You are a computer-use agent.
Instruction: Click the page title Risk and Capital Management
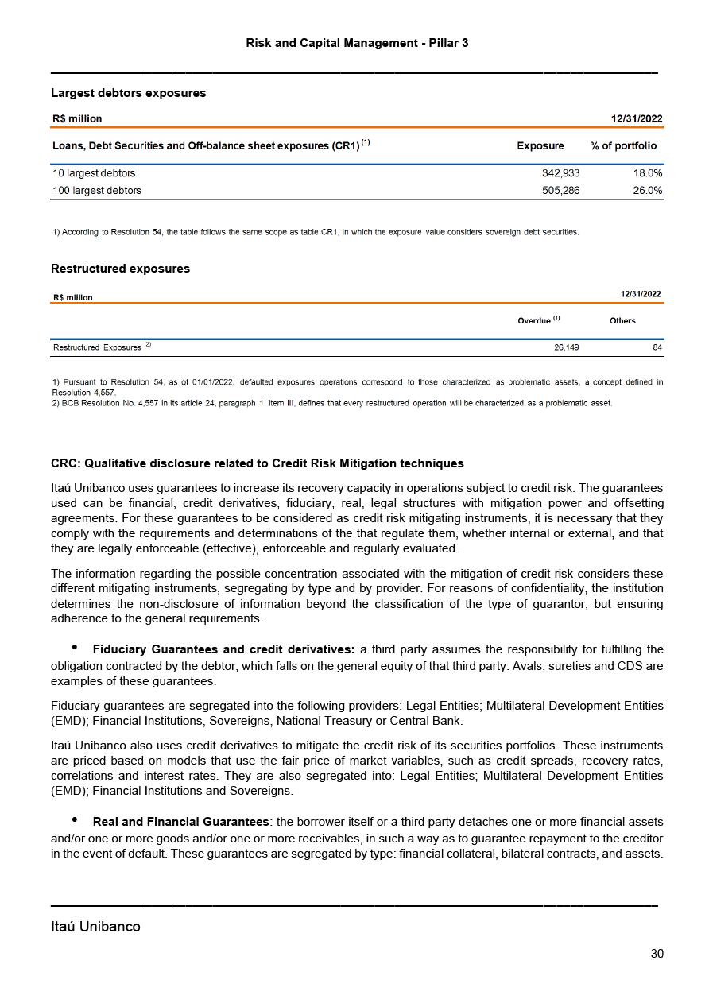pyautogui.click(x=357, y=43)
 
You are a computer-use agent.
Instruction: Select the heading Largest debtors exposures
pyautogui.click(x=128, y=93)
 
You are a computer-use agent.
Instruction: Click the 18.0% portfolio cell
pyautogui.click(x=647, y=173)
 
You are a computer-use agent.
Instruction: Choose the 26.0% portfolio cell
pyautogui.click(x=647, y=191)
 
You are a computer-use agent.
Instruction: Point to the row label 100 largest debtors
pyautogui.click(x=97, y=191)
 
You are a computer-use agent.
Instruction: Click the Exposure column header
pyautogui.click(x=540, y=146)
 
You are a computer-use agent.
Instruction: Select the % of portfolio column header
pyautogui.click(x=623, y=146)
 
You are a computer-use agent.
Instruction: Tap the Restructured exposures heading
pyautogui.click(x=120, y=269)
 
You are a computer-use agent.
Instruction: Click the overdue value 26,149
pyautogui.click(x=566, y=347)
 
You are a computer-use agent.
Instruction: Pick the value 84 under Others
pyautogui.click(x=657, y=347)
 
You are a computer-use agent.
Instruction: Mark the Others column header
pyautogui.click(x=622, y=321)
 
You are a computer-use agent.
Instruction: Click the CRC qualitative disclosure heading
pyautogui.click(x=257, y=463)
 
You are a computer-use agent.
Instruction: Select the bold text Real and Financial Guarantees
pyautogui.click(x=180, y=822)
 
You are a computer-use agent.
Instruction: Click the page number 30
pyautogui.click(x=657, y=954)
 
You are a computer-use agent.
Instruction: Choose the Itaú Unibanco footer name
pyautogui.click(x=95, y=927)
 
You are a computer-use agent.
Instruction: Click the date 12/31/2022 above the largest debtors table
pyautogui.click(x=636, y=119)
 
